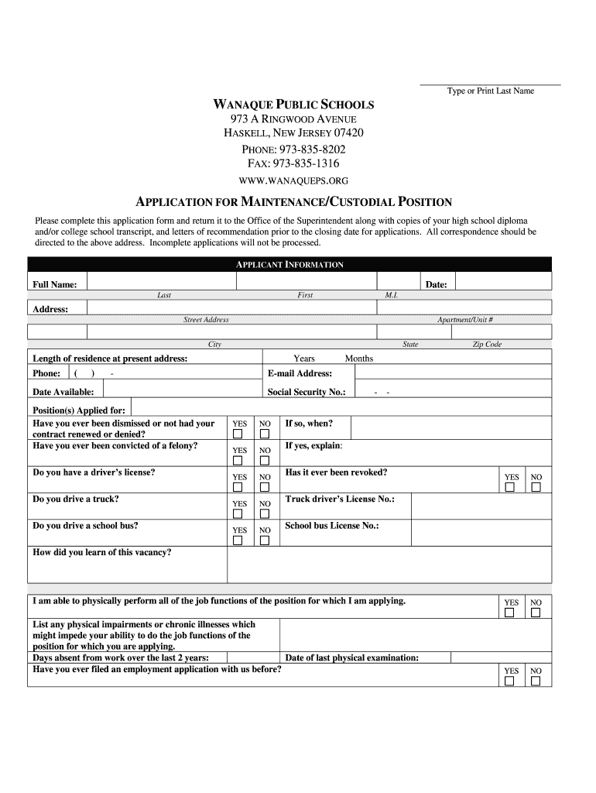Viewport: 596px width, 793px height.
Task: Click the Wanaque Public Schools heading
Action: click(293, 104)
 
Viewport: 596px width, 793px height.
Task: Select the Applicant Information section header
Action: click(289, 265)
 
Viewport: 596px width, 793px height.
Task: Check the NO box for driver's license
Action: click(264, 487)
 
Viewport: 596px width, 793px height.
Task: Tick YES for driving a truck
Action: click(238, 513)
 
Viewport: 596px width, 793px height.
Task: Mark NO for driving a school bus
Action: click(264, 541)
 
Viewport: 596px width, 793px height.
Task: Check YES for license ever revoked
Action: click(510, 487)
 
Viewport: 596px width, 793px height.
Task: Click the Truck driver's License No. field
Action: click(480, 506)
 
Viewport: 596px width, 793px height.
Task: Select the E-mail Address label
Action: click(300, 373)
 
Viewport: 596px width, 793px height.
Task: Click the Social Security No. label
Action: click(307, 392)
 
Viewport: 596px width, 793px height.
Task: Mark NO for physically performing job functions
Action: click(536, 613)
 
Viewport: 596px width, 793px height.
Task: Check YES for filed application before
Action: click(510, 681)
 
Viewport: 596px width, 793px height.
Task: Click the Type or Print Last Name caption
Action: click(490, 91)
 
